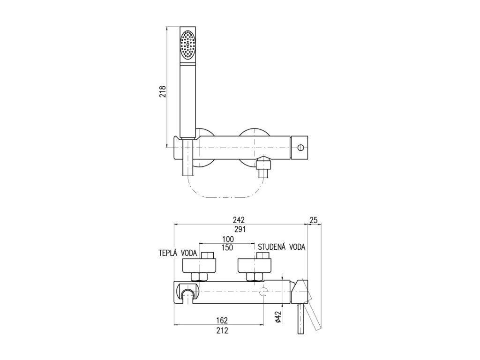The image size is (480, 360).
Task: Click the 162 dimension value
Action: (222, 321)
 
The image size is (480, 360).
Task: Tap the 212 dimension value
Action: (222, 330)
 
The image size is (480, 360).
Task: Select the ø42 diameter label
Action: (277, 318)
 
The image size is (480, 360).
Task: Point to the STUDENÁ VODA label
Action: (281, 247)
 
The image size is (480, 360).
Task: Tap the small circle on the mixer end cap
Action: (301, 147)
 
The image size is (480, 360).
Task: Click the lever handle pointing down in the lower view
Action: (300, 319)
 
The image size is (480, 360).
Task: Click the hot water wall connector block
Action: (198, 266)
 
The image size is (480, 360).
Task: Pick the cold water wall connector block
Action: (255, 266)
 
